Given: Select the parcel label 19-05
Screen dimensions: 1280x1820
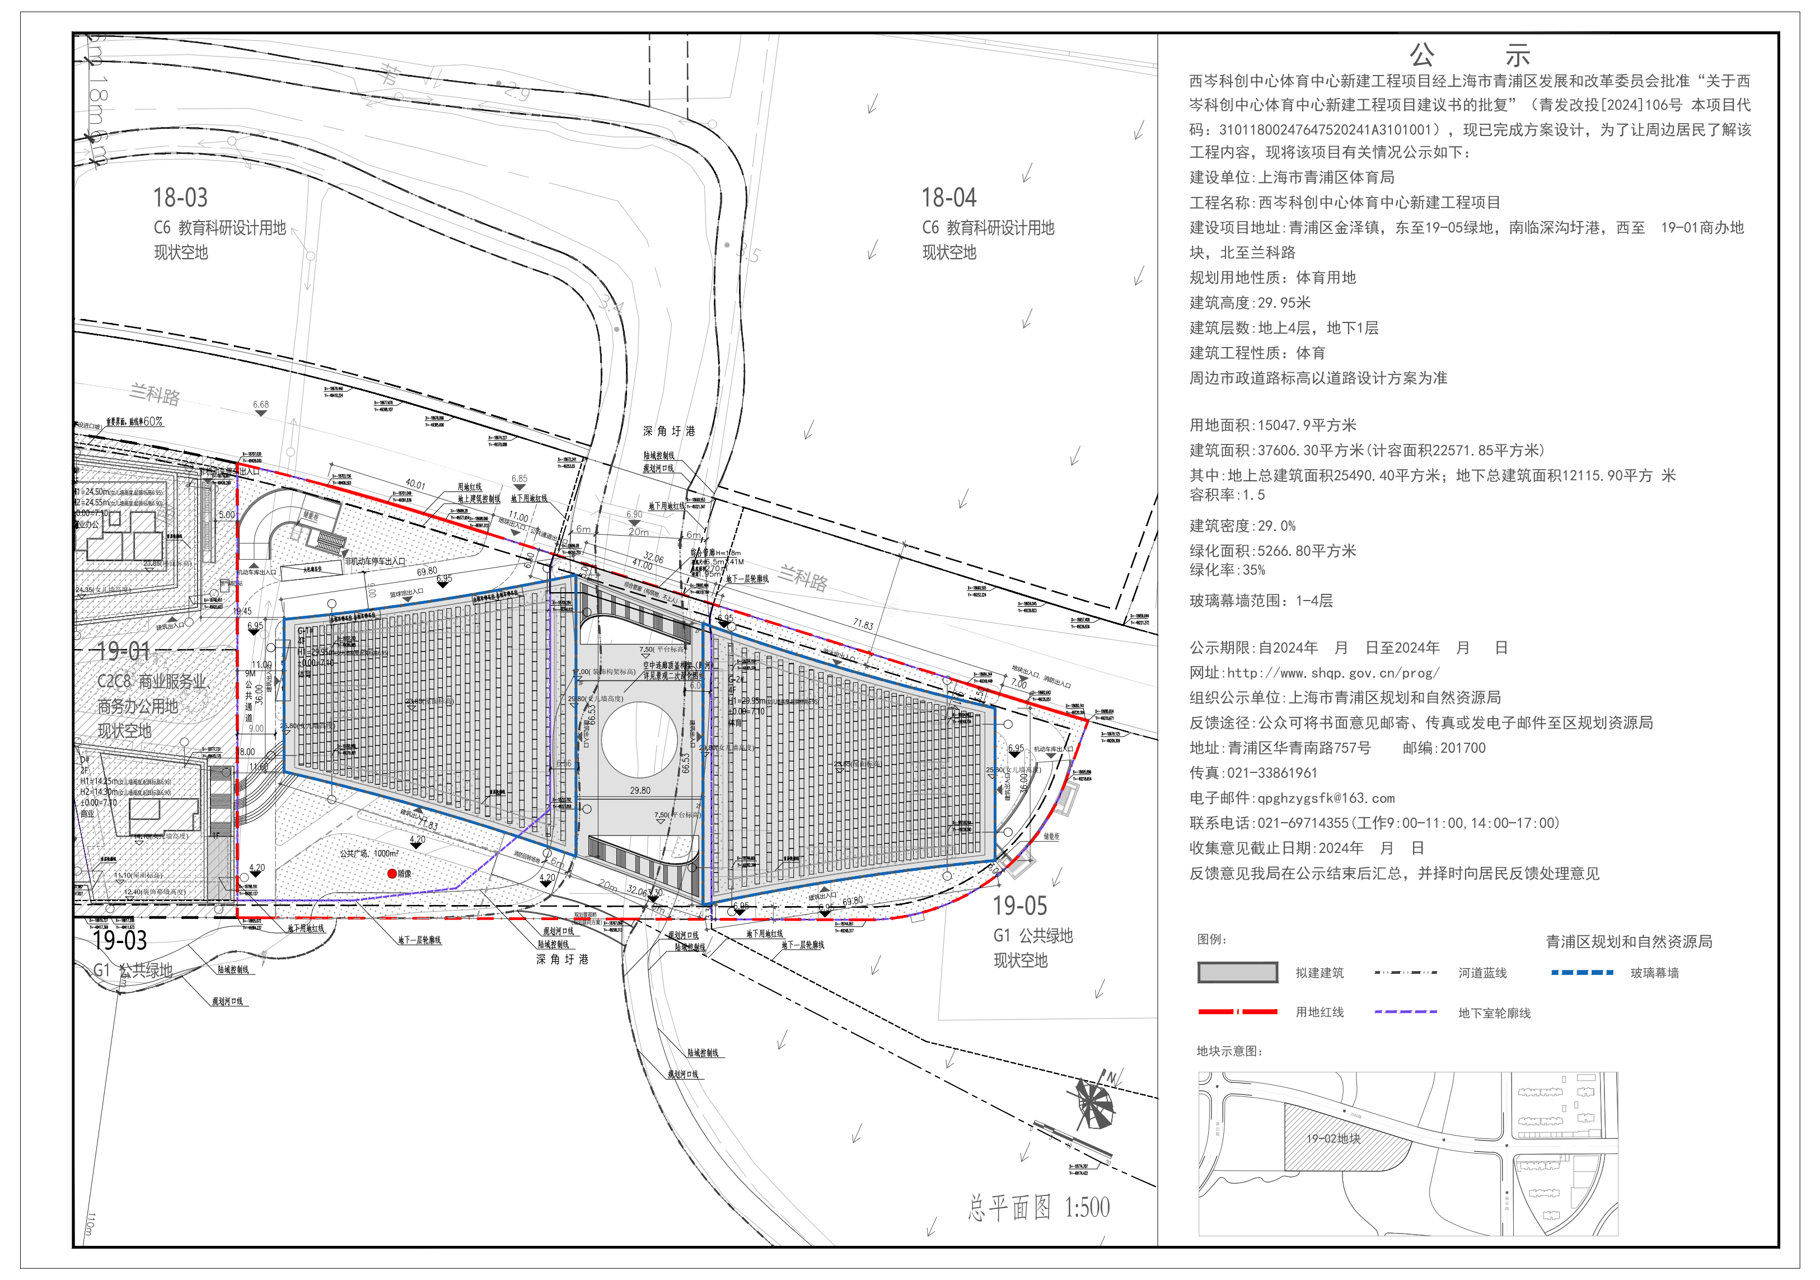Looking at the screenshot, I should tap(1019, 905).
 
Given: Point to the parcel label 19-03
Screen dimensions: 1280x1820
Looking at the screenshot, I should tap(120, 941).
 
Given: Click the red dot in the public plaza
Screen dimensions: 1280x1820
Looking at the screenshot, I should tap(391, 874).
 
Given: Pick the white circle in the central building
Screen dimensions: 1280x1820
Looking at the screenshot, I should tap(639, 739).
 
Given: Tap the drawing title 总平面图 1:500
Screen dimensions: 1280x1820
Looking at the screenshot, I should tap(1038, 1208).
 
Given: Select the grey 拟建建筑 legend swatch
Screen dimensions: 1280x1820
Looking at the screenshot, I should tap(1237, 973).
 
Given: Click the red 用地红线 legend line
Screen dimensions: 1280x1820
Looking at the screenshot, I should tap(1237, 1012).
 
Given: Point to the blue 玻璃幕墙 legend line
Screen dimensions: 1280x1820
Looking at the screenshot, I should tap(1582, 973).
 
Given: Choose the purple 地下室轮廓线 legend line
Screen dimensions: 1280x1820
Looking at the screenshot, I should tap(1405, 1012).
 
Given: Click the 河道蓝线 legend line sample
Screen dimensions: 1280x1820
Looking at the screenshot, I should tap(1405, 973).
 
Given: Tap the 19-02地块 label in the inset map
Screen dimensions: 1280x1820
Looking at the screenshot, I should tap(1334, 1139).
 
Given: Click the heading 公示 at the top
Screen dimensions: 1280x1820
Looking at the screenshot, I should tap(1469, 55).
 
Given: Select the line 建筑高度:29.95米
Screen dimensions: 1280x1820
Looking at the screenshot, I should tap(1250, 303).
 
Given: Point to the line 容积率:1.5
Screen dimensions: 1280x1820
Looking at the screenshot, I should tap(1227, 495).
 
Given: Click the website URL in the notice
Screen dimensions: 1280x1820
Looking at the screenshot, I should tap(1334, 673).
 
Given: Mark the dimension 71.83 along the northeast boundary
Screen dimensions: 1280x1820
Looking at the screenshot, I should tap(863, 625).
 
